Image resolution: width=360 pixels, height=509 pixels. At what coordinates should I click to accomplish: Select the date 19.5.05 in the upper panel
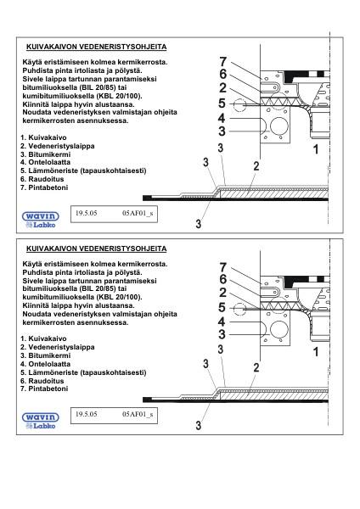tap(87, 216)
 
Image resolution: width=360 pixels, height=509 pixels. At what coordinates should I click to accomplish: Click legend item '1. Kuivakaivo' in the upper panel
tap(46, 137)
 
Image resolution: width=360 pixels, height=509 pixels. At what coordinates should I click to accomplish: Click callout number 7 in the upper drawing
tap(222, 62)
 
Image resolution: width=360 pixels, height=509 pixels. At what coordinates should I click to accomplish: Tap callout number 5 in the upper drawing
tap(222, 103)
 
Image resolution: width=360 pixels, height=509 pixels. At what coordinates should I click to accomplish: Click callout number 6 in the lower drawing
tap(222, 279)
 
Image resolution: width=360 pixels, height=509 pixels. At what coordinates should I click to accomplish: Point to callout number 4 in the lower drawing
tap(222, 322)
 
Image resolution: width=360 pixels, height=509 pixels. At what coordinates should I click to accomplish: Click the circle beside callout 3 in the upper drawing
tap(276, 128)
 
